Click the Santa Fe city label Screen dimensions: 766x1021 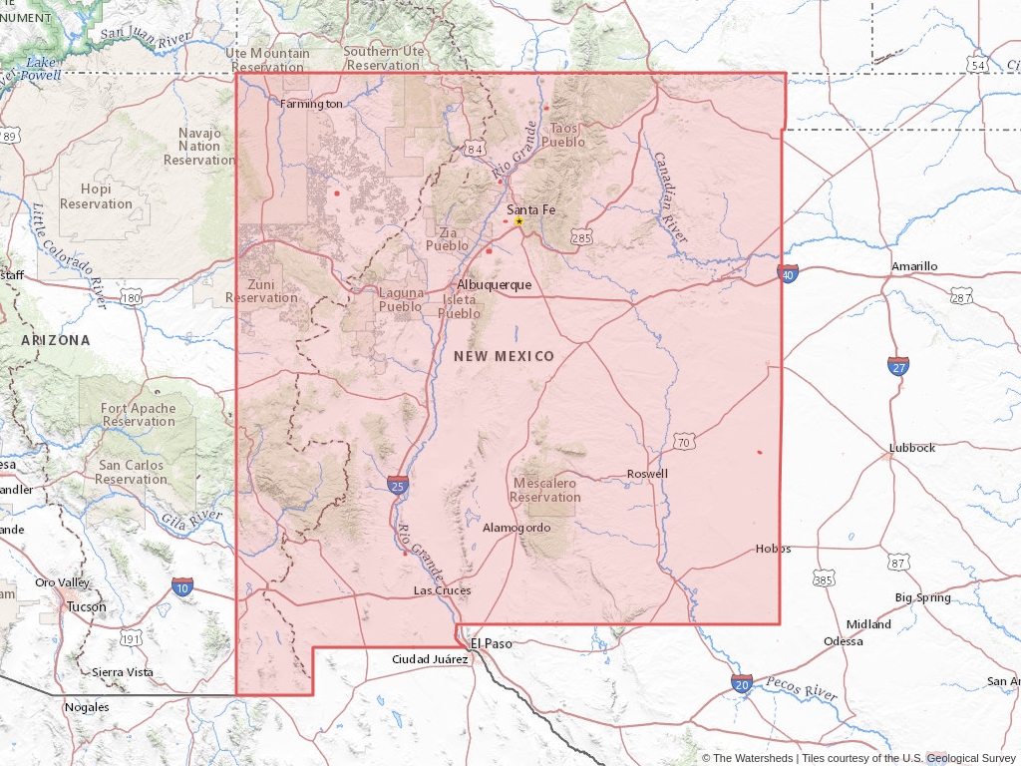pyautogui.click(x=530, y=209)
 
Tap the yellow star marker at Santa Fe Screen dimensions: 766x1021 pyautogui.click(x=518, y=221)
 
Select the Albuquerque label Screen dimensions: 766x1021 pyautogui.click(x=495, y=284)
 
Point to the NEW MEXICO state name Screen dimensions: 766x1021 pyautogui.click(x=504, y=356)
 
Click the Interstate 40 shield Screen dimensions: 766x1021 pyautogui.click(x=788, y=273)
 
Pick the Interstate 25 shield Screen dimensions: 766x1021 pyautogui.click(x=398, y=485)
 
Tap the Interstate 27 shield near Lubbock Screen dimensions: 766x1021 pyautogui.click(x=898, y=365)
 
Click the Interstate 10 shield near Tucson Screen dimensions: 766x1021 pyautogui.click(x=182, y=586)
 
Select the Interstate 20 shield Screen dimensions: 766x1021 pyautogui.click(x=741, y=683)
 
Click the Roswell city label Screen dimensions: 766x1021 pyautogui.click(x=647, y=474)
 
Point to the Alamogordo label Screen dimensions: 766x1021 pyautogui.click(x=516, y=528)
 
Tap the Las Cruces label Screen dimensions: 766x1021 pyautogui.click(x=443, y=590)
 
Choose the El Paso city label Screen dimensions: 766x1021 pyautogui.click(x=492, y=643)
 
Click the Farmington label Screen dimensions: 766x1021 pyautogui.click(x=311, y=104)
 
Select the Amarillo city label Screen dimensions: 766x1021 pyautogui.click(x=914, y=266)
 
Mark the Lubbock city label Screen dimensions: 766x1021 pyautogui.click(x=912, y=448)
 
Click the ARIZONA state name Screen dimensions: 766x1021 pyautogui.click(x=56, y=340)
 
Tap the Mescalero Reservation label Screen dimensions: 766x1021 pyautogui.click(x=545, y=490)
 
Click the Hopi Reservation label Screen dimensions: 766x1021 pyautogui.click(x=96, y=196)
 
